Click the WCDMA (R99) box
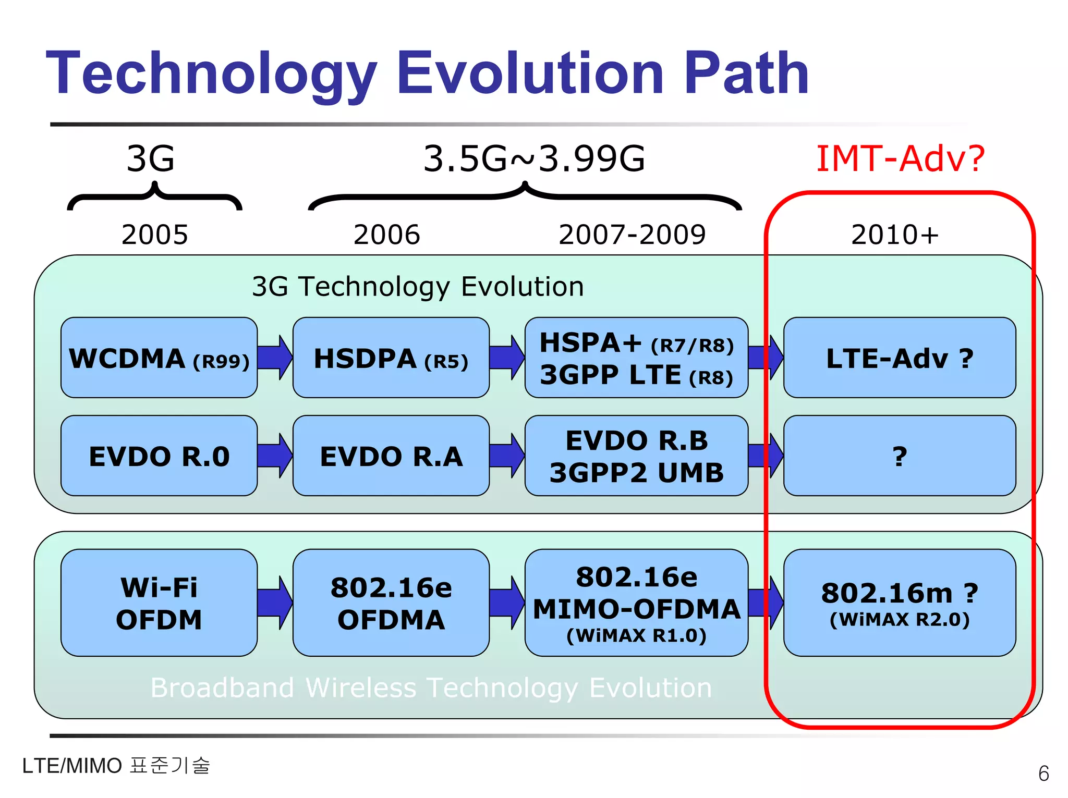159,358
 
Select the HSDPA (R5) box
391,358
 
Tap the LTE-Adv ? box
899,358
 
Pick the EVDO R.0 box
159,456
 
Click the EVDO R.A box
391,456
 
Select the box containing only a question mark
899,456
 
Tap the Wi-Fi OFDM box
159,603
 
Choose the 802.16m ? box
899,603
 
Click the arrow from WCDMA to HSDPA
275,358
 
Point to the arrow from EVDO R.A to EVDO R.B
507,456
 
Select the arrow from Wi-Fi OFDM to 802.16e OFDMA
275,603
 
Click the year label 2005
154,235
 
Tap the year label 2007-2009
632,235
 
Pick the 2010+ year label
895,235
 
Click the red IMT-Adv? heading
901,158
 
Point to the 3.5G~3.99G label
534,158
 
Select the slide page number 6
1043,774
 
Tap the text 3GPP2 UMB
637,473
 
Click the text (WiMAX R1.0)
637,636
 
